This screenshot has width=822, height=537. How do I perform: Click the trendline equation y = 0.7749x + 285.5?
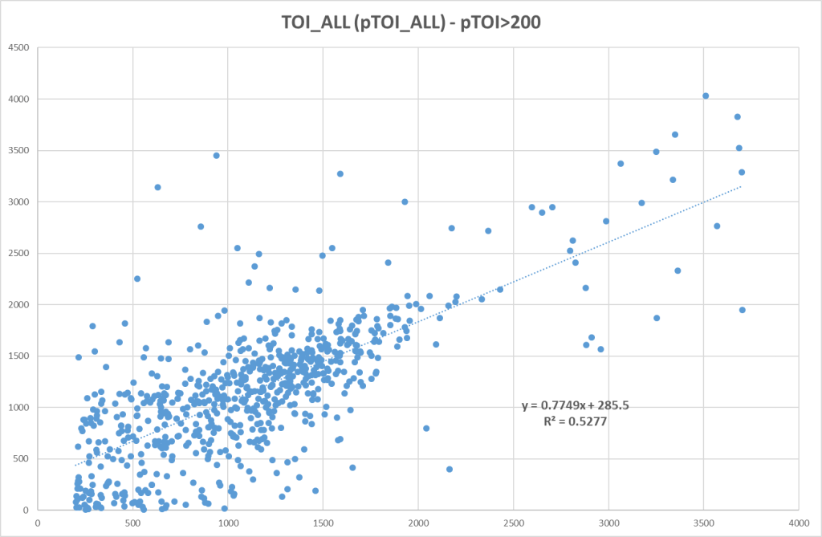(x=576, y=405)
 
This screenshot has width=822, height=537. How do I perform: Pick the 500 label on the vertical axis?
(x=22, y=458)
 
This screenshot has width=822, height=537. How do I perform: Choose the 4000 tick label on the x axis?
(x=798, y=520)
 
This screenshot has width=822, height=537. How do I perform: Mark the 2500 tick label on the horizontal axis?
(x=513, y=520)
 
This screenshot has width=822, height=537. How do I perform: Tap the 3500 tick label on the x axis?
(x=703, y=520)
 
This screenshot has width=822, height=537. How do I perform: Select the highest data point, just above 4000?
(x=706, y=96)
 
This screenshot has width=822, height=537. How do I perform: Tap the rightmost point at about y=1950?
(x=743, y=310)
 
